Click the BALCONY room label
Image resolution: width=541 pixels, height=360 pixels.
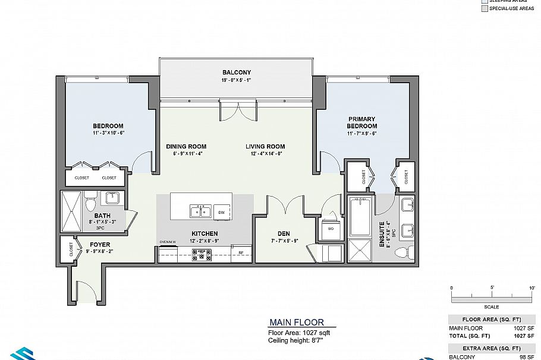click(x=236, y=72)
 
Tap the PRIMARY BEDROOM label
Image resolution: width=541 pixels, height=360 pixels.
click(x=362, y=122)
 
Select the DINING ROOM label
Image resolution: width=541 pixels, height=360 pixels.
click(x=185, y=146)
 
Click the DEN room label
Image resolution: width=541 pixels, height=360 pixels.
click(x=283, y=233)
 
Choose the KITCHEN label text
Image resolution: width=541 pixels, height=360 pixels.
click(x=204, y=233)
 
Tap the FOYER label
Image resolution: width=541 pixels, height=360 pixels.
click(x=99, y=244)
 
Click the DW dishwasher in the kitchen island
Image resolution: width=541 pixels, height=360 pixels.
click(x=221, y=211)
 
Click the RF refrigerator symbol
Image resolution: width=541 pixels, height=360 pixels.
click(x=241, y=253)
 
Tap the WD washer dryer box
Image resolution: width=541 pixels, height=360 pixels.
click(x=330, y=228)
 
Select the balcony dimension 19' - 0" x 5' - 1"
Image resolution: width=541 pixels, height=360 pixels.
click(x=236, y=81)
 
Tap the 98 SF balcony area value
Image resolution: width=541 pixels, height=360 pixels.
click(x=523, y=357)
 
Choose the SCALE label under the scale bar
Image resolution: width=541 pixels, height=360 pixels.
click(x=492, y=307)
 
